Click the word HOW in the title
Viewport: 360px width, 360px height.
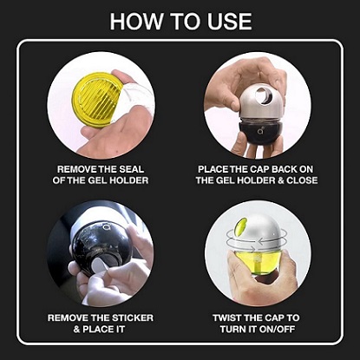tap(136, 21)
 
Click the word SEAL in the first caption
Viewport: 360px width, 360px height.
tap(132, 169)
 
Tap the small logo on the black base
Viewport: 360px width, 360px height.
tap(260, 131)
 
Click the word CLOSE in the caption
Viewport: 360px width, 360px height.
tap(302, 180)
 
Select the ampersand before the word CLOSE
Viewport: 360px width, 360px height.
tap(281, 180)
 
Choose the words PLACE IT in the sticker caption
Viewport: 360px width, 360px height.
tap(103, 329)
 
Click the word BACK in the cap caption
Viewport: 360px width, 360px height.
tap(282, 169)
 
